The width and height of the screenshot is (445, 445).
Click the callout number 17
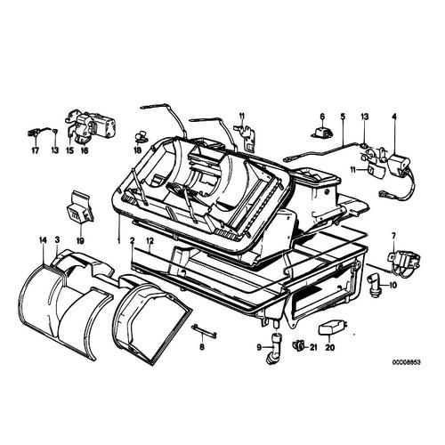[36, 151]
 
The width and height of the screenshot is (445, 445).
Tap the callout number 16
[85, 151]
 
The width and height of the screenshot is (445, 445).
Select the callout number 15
[69, 151]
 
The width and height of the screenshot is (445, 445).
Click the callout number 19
[79, 239]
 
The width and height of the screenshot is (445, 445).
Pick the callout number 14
[42, 240]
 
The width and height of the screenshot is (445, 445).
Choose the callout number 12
[150, 240]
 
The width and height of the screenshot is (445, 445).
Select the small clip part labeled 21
[301, 345]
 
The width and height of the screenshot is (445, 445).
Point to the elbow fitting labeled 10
[376, 285]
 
